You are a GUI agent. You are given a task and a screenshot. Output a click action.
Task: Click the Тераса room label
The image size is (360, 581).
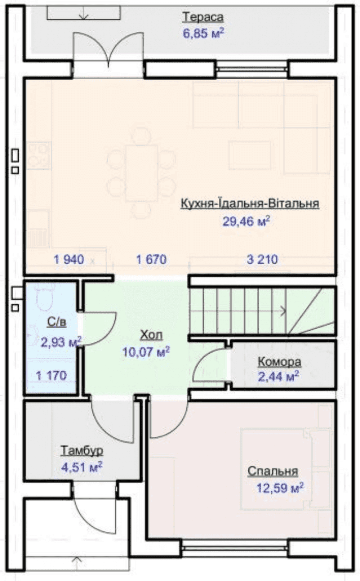[x=203, y=18]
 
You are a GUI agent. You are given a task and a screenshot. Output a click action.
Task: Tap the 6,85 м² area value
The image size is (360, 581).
[x=204, y=33]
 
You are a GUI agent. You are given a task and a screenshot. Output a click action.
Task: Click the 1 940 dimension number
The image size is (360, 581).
[x=69, y=259]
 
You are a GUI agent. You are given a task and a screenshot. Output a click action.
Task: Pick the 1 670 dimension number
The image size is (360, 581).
[x=151, y=259]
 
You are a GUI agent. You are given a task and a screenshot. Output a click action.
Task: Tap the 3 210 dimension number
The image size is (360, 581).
[x=262, y=259]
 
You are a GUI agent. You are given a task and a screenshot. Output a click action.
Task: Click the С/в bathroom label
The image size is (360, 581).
[x=57, y=322]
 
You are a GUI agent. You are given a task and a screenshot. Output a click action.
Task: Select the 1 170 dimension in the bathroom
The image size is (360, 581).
[x=52, y=376]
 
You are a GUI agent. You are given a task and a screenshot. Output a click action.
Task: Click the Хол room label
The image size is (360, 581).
[x=151, y=335]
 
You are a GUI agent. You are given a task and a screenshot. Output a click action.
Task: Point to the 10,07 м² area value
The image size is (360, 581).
[x=146, y=352]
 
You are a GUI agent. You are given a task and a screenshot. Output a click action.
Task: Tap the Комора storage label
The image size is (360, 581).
[x=279, y=362]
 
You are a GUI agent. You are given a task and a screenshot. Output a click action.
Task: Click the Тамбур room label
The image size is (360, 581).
[x=81, y=451]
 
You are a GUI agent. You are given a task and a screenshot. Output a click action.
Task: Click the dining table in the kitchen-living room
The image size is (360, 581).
[x=142, y=173]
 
